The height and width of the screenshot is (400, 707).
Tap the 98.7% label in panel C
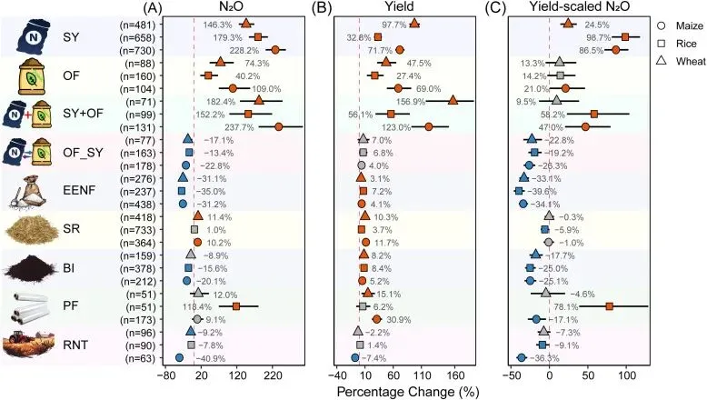pyautogui.click(x=597, y=37)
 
